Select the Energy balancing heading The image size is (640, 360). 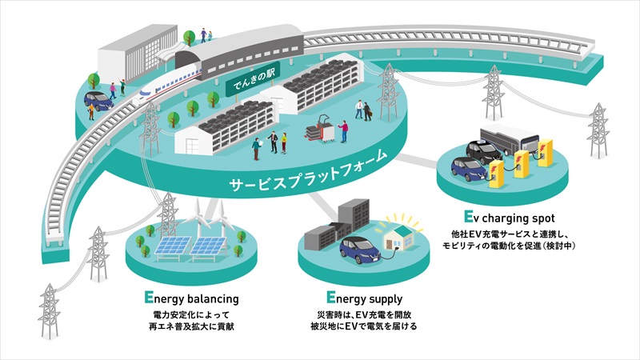[x=191, y=298]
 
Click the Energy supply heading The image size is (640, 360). [x=364, y=298]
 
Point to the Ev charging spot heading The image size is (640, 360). [x=510, y=218]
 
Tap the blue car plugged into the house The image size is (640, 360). [x=360, y=250]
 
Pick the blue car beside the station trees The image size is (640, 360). [x=98, y=101]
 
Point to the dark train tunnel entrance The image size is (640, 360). [x=186, y=62]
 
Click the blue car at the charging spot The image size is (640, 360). [x=470, y=170]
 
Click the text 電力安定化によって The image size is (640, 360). [x=191, y=315]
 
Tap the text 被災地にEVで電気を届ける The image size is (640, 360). [x=364, y=326]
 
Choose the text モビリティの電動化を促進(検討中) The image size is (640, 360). [x=510, y=246]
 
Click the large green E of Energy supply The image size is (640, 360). [x=330, y=297]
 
